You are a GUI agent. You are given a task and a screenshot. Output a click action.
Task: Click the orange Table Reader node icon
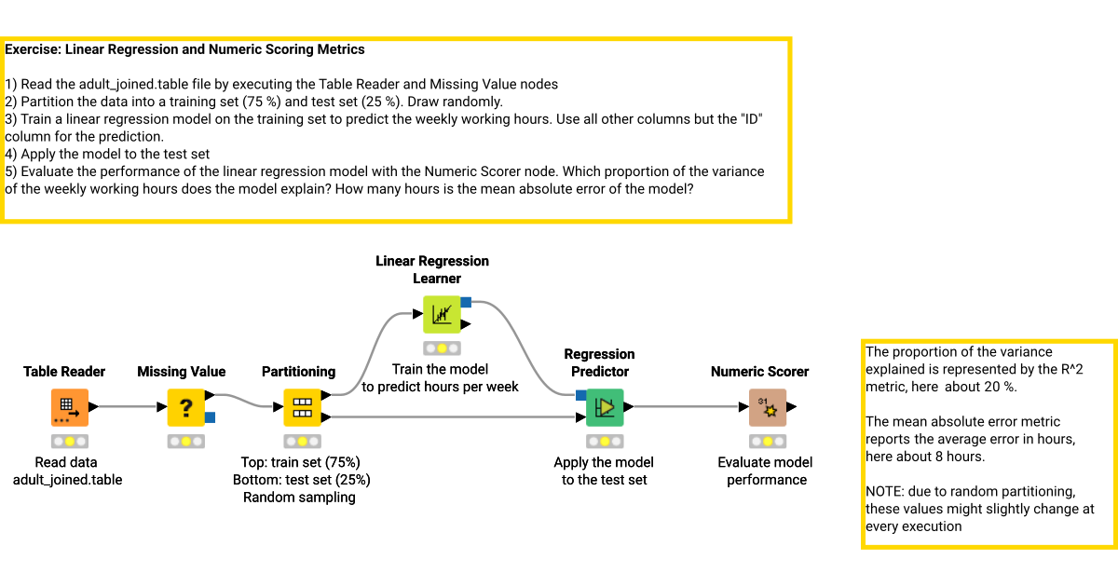point(70,407)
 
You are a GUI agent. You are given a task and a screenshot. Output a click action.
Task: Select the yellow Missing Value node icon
point(185,407)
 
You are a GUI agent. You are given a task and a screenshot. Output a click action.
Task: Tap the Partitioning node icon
point(302,407)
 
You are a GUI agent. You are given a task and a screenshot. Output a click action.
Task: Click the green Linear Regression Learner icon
point(442,314)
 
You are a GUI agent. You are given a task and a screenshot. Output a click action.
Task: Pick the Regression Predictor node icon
point(605,407)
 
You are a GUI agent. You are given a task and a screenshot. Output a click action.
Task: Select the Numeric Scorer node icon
point(768,407)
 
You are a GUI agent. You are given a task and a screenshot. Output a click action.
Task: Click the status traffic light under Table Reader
point(70,441)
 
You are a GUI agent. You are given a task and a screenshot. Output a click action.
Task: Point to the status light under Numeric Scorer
point(768,441)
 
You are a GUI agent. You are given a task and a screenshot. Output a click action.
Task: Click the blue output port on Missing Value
point(211,417)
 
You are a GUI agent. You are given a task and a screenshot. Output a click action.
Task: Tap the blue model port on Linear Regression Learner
point(466,302)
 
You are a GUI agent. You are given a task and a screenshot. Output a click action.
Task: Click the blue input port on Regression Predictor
point(580,395)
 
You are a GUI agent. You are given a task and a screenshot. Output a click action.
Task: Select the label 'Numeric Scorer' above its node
point(759,372)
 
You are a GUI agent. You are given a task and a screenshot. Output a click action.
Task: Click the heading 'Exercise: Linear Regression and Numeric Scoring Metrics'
point(185,49)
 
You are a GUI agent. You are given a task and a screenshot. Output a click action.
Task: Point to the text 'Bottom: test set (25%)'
point(302,480)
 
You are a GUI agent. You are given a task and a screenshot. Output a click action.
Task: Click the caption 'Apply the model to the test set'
point(604,471)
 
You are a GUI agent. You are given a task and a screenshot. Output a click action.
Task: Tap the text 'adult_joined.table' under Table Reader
point(67,480)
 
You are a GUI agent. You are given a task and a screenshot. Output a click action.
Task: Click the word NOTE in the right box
point(885,492)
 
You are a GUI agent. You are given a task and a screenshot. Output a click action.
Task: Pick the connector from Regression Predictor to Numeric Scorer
point(689,406)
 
